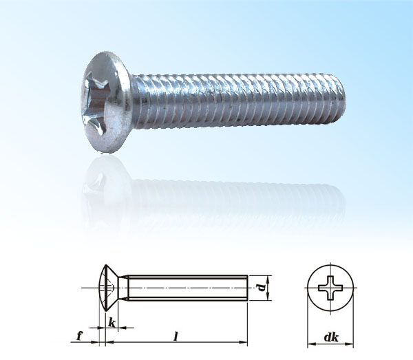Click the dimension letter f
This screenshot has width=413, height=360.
click(x=81, y=336)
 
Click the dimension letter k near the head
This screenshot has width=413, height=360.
click(x=112, y=321)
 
